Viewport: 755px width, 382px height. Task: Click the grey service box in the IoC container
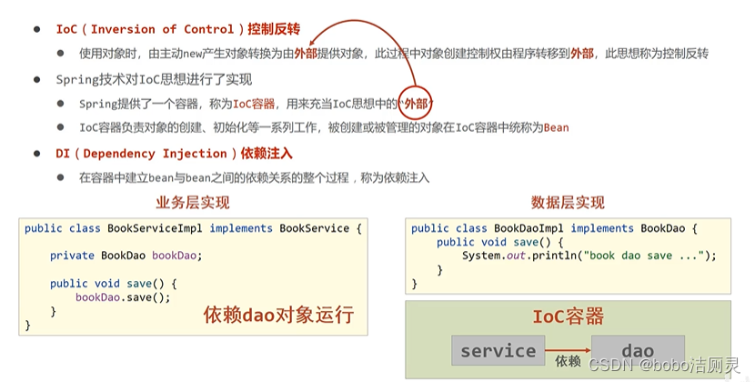(498, 351)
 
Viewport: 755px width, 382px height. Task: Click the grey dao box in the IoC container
(638, 351)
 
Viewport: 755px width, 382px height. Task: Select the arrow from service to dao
(568, 347)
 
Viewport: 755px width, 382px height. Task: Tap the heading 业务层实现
(193, 202)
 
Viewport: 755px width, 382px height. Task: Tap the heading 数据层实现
(568, 202)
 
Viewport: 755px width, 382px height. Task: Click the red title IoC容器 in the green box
(568, 317)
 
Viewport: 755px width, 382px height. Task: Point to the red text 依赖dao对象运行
(278, 316)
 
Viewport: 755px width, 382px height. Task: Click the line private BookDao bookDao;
(126, 256)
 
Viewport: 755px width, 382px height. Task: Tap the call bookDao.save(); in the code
(123, 297)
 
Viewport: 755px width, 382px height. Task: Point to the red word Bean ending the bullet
(556, 127)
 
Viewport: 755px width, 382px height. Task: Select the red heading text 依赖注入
(267, 154)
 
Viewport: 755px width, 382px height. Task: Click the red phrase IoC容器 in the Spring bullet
(254, 104)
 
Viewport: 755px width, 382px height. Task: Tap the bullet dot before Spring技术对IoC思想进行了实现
(37, 79)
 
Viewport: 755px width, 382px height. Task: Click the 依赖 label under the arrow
(568, 362)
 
